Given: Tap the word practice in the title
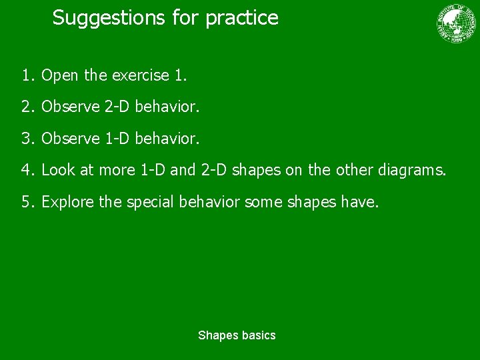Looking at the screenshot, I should (242, 18).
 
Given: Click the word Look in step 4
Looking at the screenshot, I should (59, 170).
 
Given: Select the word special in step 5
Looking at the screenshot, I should (148, 201).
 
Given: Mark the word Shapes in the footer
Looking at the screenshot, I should (216, 335).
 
